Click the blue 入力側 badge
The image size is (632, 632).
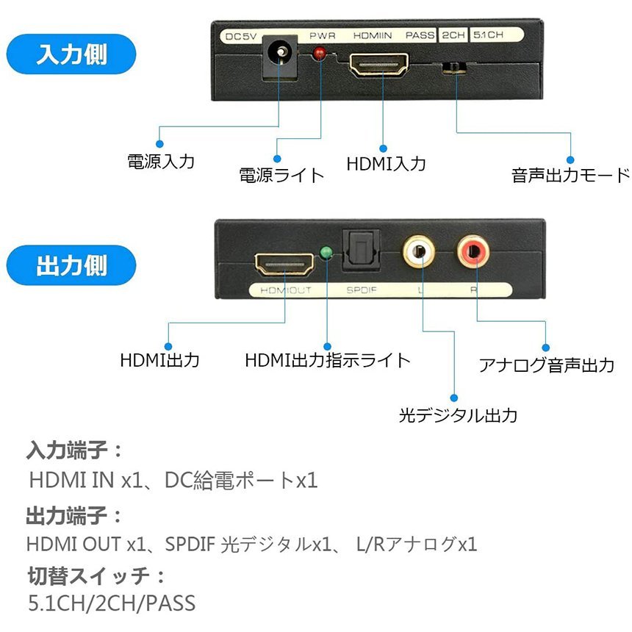coord(71,54)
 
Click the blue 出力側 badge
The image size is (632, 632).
coord(71,265)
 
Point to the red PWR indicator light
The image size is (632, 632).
coord(320,54)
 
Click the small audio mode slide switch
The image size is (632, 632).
coord(456,68)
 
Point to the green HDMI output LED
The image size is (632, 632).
coord(326,255)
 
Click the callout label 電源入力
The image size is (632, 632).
coord(161,162)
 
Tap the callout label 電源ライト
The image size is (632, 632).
coord(281,175)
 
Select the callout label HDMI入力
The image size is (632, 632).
coord(387,163)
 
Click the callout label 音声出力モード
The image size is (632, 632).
coord(570,175)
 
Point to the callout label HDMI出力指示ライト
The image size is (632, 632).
coord(328,360)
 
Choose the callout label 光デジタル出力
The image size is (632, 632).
coord(458,415)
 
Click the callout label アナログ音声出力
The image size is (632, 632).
coord(546,365)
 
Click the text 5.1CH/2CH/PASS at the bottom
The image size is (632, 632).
coord(112,603)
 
